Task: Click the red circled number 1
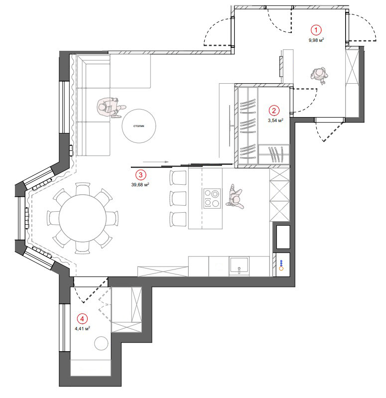pyautogui.click(x=316, y=30)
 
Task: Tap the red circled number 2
pyautogui.click(x=273, y=111)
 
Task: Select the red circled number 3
pyautogui.click(x=140, y=175)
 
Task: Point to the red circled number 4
pyautogui.click(x=82, y=319)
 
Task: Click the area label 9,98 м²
pyautogui.click(x=316, y=40)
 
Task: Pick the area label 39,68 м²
pyautogui.click(x=140, y=184)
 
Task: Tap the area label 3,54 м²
pyautogui.click(x=275, y=121)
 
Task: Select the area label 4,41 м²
pyautogui.click(x=83, y=329)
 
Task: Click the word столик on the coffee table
pyautogui.click(x=139, y=126)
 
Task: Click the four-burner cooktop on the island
pyautogui.click(x=212, y=198)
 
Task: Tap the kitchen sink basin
pyautogui.click(x=239, y=266)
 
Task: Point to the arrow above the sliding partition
pyautogui.click(x=156, y=162)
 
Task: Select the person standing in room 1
pyautogui.click(x=319, y=75)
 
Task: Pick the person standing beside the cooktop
pyautogui.click(x=235, y=197)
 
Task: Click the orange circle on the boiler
pyautogui.click(x=281, y=268)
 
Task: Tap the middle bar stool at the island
pyautogui.click(x=178, y=198)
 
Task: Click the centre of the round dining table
pyautogui.click(x=83, y=218)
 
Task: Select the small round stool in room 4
pyautogui.click(x=101, y=343)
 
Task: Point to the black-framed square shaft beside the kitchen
pyautogui.click(x=283, y=237)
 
